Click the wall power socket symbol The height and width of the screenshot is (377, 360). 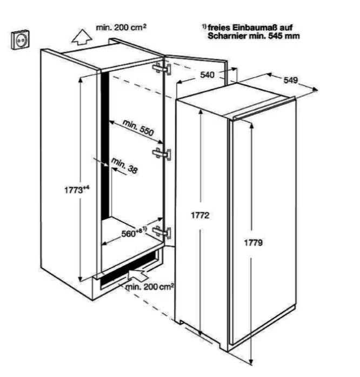pyautogui.click(x=21, y=39)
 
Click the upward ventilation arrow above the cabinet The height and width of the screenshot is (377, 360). pyautogui.click(x=82, y=37)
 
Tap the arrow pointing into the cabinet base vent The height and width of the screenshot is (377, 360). pyautogui.click(x=137, y=274)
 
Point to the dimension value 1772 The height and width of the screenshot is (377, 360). pyautogui.click(x=200, y=215)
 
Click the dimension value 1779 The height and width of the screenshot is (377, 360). pyautogui.click(x=253, y=243)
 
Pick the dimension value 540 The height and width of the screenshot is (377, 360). pyautogui.click(x=207, y=75)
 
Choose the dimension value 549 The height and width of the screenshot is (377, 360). pyautogui.click(x=291, y=80)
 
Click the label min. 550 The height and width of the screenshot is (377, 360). pyautogui.click(x=138, y=127)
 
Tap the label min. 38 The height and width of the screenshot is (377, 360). pyautogui.click(x=124, y=165)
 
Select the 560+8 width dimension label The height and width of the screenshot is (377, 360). pyautogui.click(x=134, y=232)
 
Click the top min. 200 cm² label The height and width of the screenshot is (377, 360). pyautogui.click(x=121, y=27)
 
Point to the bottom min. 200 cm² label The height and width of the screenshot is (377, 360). pyautogui.click(x=150, y=287)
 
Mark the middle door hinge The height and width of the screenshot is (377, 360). pyautogui.click(x=162, y=153)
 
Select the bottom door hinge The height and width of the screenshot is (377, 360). pyautogui.click(x=162, y=232)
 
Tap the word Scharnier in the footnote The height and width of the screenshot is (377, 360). pyautogui.click(x=227, y=36)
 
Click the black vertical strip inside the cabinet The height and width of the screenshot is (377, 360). pyautogui.click(x=105, y=144)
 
